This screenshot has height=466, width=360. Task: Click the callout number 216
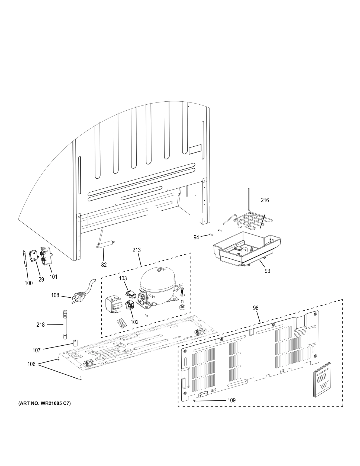[265, 200]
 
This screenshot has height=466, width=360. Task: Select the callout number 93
[267, 271]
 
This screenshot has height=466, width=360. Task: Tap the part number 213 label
[137, 250]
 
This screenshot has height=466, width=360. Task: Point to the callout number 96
[256, 308]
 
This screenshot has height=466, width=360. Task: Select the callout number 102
[134, 322]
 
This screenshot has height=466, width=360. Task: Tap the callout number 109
[232, 400]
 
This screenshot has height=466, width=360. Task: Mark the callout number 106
[31, 364]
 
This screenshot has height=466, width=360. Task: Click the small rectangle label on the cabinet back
[195, 149]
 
